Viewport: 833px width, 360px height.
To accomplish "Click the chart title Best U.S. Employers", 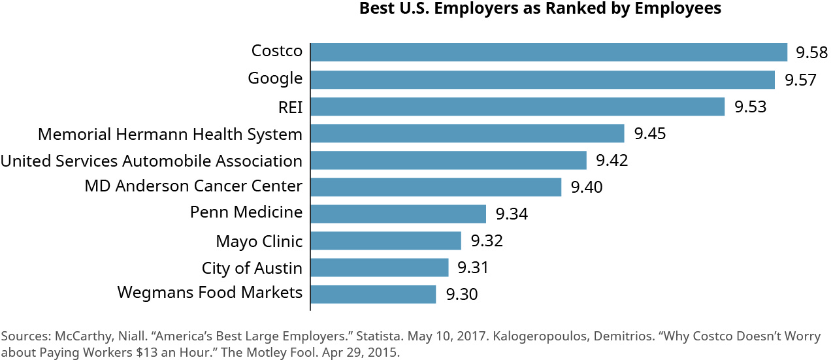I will click(x=540, y=8).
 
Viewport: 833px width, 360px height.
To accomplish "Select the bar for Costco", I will click(x=549, y=52).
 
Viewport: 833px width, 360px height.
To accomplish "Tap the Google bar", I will click(x=542, y=80).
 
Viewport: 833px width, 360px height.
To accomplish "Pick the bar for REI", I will click(x=517, y=106).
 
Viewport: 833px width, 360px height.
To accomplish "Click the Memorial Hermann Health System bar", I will click(x=467, y=133).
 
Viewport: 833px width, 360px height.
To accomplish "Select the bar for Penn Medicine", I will click(x=398, y=214).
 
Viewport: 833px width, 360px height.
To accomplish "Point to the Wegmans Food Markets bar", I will click(x=373, y=294).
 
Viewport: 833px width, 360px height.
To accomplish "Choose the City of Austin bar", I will click(x=380, y=267).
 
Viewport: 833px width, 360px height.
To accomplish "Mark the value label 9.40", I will click(x=586, y=188).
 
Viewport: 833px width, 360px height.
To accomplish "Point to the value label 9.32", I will click(x=486, y=241).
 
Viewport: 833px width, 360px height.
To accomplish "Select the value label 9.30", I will click(x=461, y=295).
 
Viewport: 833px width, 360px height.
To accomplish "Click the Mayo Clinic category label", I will click(x=259, y=241).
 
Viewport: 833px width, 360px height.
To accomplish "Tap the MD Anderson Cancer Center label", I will click(x=193, y=186).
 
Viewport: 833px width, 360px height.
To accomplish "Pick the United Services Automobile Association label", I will click(x=151, y=161).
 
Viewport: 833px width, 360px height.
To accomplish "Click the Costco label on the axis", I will click(x=277, y=51).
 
